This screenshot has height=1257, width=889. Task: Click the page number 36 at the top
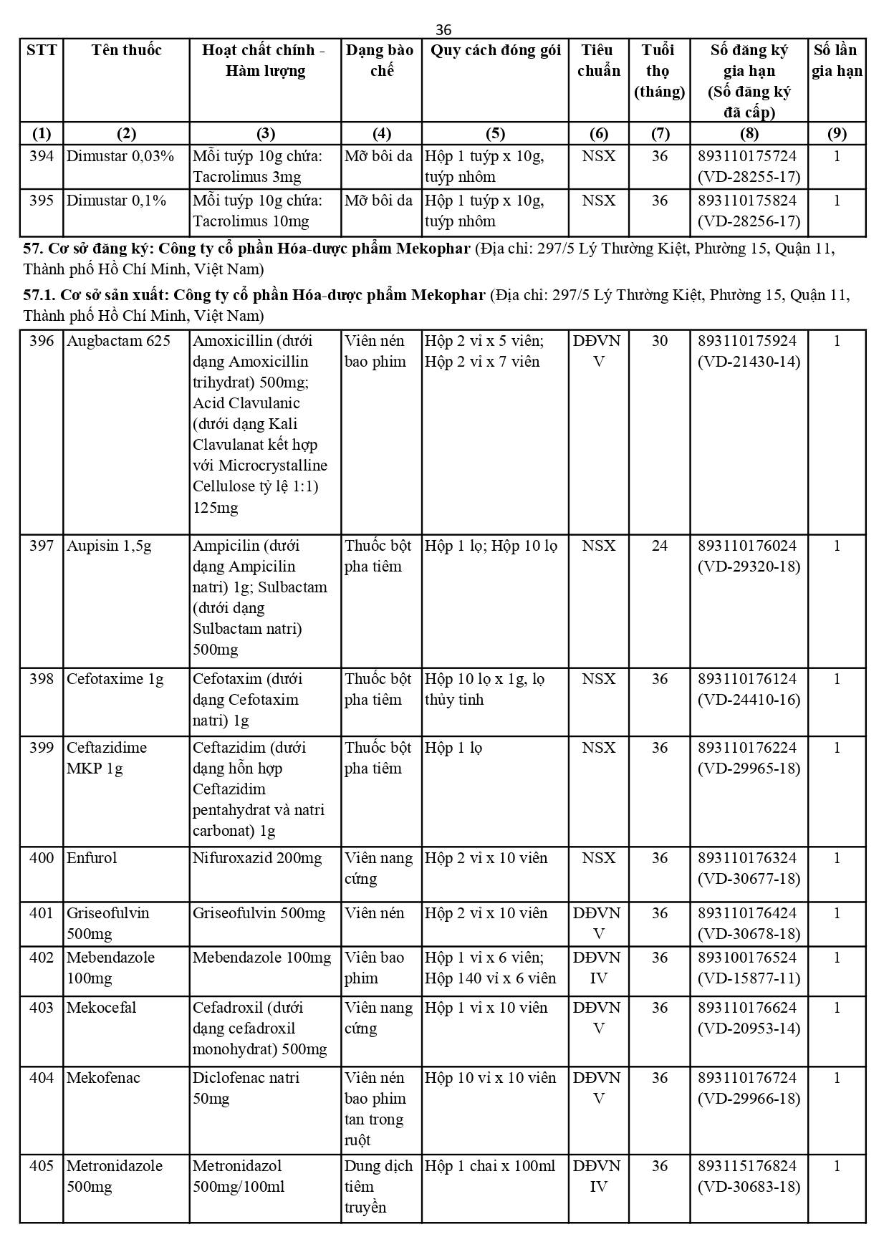443,29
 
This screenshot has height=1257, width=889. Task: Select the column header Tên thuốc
126,50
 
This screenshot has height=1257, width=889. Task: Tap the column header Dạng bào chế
380,60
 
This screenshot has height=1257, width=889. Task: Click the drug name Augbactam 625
118,341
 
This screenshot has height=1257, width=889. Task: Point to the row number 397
42,546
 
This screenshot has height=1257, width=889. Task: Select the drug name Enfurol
92,858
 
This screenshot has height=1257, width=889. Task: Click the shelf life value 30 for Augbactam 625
659,341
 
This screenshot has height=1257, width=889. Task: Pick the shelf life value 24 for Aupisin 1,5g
659,546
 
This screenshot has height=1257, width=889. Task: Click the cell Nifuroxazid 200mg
257,858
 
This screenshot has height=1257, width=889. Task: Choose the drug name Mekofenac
103,1078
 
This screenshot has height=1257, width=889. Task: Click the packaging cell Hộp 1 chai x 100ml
490,1166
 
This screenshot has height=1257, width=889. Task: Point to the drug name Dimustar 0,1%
116,201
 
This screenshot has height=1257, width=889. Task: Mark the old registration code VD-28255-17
749,177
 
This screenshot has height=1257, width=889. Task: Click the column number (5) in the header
495,133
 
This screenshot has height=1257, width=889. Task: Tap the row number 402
42,958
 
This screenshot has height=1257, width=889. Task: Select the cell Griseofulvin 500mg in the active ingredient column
259,913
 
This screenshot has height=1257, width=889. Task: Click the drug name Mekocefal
102,1008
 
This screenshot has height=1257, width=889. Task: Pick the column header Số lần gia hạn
837,60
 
